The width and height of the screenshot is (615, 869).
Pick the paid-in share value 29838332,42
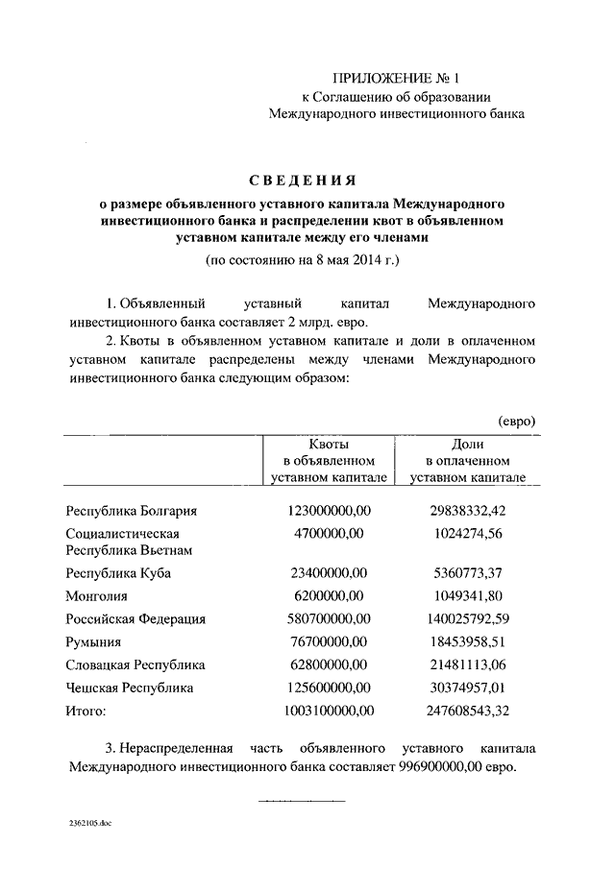point(468,511)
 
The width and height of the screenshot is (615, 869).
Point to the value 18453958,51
point(468,641)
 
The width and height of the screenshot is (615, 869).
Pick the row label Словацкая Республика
point(135,664)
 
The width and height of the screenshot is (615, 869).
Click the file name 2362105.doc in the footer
point(91,824)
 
